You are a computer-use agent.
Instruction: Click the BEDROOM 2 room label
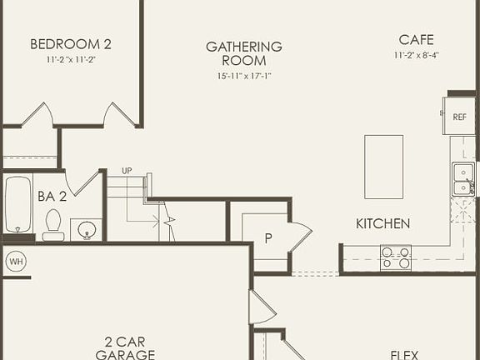pyautogui.click(x=71, y=44)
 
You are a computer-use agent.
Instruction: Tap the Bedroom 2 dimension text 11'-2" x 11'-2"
pyautogui.click(x=71, y=61)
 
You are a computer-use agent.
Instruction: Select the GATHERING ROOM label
pyautogui.click(x=244, y=53)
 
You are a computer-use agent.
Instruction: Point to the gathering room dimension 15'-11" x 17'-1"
pyautogui.click(x=244, y=77)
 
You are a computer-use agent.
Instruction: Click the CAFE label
pyautogui.click(x=416, y=39)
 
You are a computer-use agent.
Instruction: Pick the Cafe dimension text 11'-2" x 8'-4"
pyautogui.click(x=416, y=55)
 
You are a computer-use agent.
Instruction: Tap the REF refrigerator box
pyautogui.click(x=459, y=117)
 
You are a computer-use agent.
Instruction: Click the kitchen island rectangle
pyautogui.click(x=383, y=167)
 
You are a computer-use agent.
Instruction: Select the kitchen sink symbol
pyautogui.click(x=462, y=179)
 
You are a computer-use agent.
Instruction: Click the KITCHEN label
pyautogui.click(x=382, y=223)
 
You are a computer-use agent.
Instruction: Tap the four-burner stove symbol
pyautogui.click(x=395, y=257)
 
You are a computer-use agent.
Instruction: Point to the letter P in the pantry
pyautogui.click(x=268, y=237)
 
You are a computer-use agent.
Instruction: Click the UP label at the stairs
pyautogui.click(x=127, y=171)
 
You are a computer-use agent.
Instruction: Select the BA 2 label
pyautogui.click(x=52, y=197)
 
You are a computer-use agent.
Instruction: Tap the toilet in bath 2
pyautogui.click(x=53, y=223)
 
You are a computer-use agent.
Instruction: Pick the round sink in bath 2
pyautogui.click(x=86, y=228)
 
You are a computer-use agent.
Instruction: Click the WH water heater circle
pyautogui.click(x=16, y=262)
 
